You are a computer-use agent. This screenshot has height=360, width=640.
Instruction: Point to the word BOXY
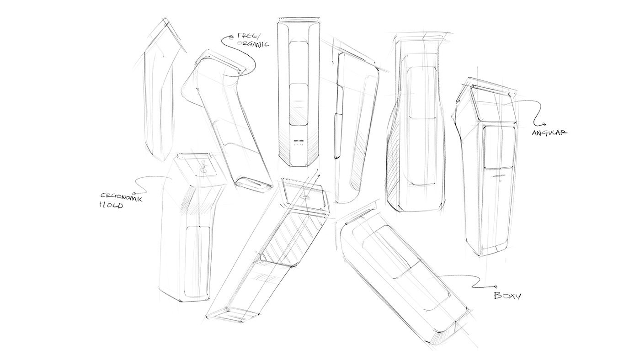coord(507,296)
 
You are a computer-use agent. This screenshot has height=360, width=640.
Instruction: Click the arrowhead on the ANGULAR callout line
coord(544,124)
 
